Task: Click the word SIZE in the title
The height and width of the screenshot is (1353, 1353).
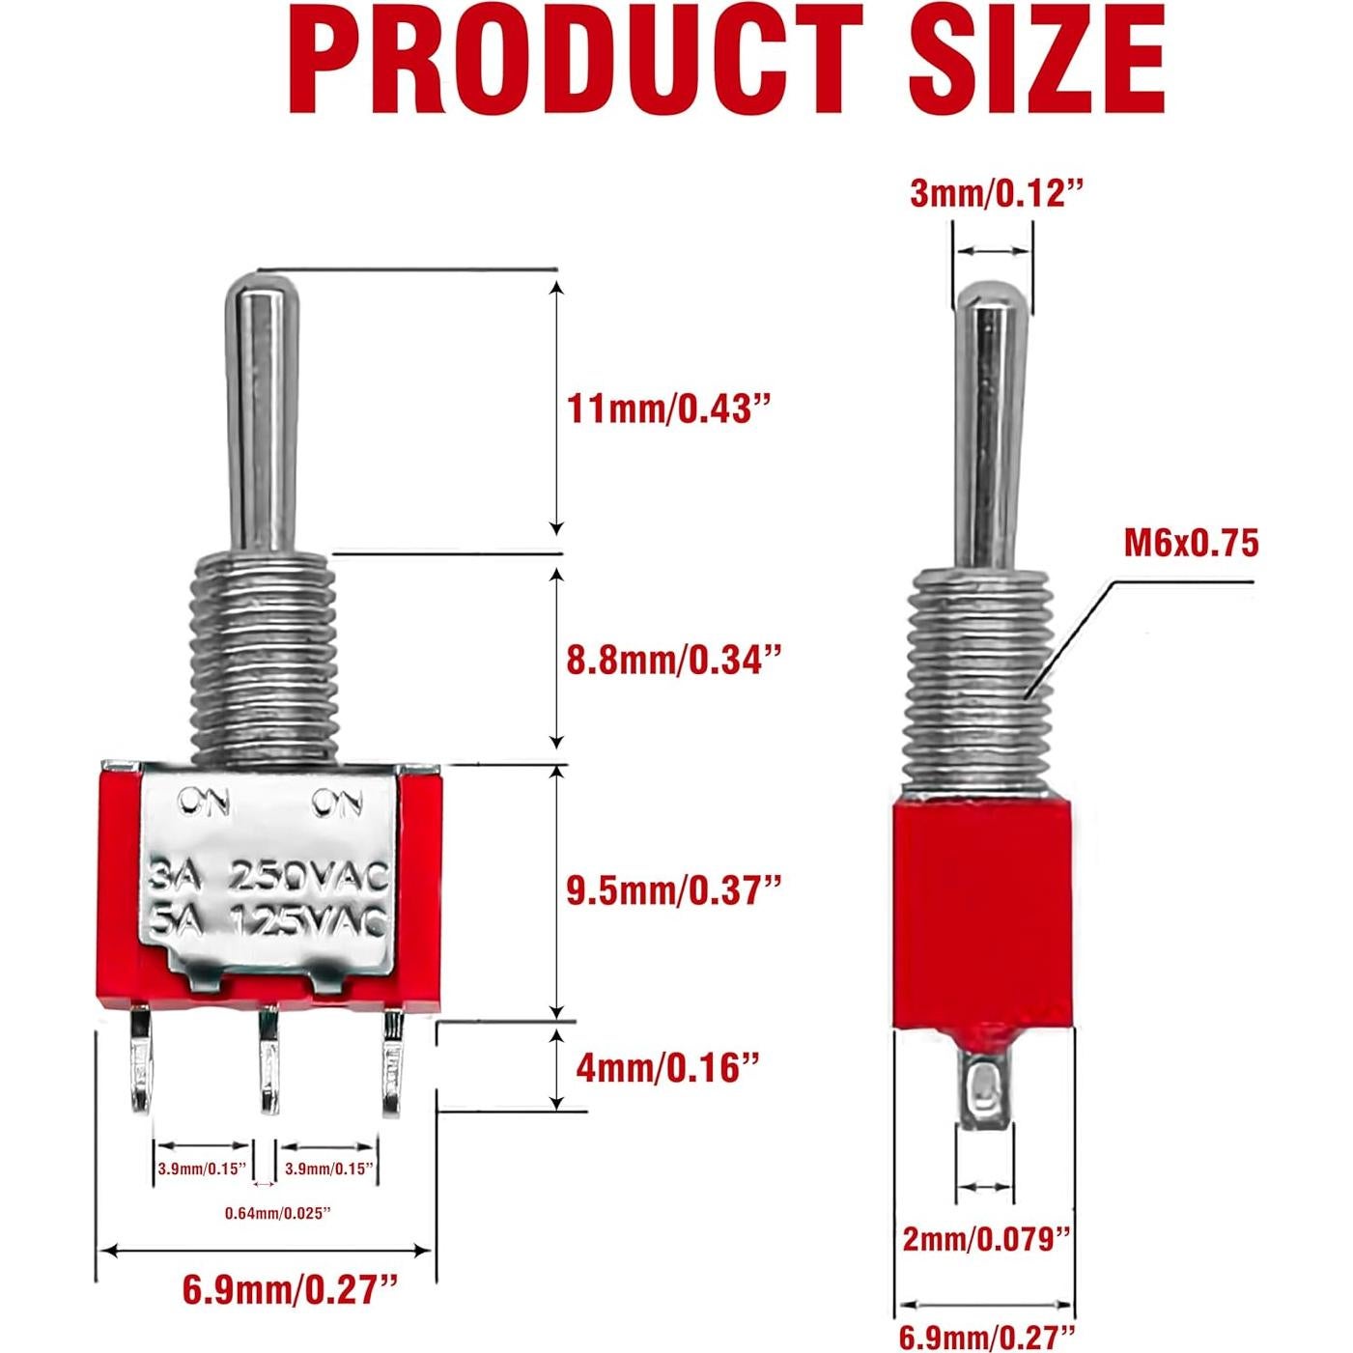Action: (1036, 60)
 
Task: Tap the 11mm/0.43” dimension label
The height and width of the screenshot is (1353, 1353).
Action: (672, 409)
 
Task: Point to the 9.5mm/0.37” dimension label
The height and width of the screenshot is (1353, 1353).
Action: (672, 889)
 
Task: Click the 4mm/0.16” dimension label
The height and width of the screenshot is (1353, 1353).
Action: (662, 1067)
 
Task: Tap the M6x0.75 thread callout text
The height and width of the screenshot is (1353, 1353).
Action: (1191, 544)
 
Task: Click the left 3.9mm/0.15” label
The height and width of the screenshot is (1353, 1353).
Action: (203, 1170)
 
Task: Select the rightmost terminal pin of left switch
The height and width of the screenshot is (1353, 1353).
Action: (392, 1062)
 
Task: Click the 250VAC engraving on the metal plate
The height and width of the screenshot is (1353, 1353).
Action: (308, 878)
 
